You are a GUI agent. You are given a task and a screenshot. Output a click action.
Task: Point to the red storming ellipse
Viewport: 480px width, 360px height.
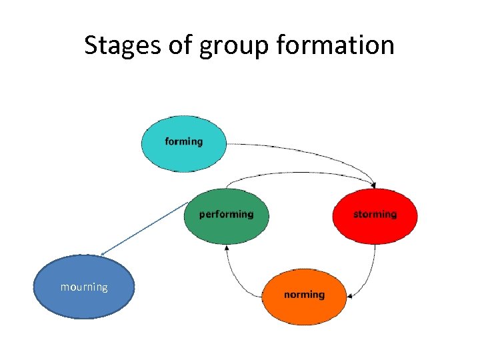(x=375, y=227)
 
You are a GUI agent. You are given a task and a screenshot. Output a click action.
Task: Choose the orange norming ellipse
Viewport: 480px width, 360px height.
(x=305, y=303)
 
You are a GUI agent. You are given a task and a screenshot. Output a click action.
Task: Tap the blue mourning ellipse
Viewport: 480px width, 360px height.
(x=84, y=297)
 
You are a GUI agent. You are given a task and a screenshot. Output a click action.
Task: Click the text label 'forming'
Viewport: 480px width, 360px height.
(x=183, y=141)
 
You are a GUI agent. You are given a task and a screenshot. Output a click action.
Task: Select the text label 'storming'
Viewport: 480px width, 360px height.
(x=375, y=215)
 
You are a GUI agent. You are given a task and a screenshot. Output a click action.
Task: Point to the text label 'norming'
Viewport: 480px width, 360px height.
(x=305, y=295)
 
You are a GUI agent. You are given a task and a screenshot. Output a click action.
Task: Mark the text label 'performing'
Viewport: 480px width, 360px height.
(x=227, y=215)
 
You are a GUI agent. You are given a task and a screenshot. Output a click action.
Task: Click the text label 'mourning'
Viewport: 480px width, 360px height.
(x=84, y=287)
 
